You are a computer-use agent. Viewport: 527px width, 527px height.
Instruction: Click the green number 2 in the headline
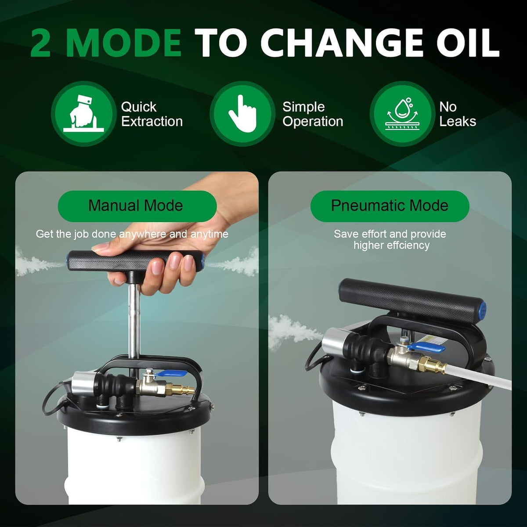[41, 43]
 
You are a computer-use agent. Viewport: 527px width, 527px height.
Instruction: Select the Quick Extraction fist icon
[84, 114]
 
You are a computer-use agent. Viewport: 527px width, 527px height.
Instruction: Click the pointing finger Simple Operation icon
[242, 114]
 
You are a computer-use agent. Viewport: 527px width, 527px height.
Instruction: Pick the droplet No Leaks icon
[402, 114]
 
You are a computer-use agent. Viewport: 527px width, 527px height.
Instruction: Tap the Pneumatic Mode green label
[390, 206]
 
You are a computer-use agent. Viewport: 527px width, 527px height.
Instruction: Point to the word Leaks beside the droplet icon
[458, 121]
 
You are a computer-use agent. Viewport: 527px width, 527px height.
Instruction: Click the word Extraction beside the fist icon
[152, 121]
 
